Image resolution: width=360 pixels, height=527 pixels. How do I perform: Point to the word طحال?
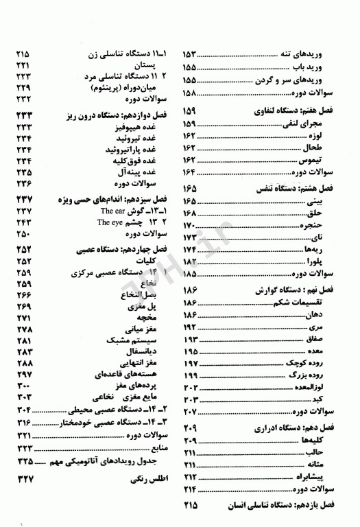click(333, 148)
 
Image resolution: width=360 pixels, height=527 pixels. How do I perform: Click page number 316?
click(26, 422)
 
